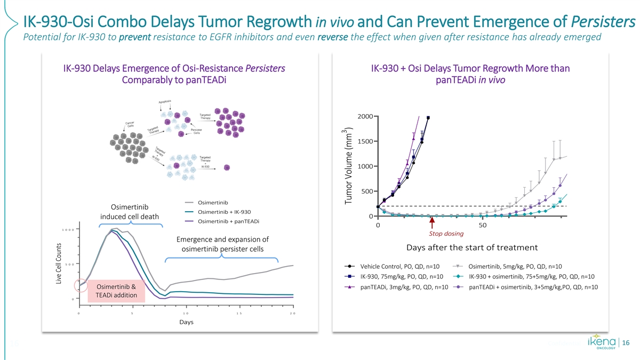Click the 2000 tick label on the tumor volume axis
pyautogui.click(x=365, y=117)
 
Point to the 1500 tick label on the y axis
pyautogui.click(x=365, y=141)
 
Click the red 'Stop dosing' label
pyautogui.click(x=446, y=234)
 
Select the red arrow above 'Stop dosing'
pyautogui.click(x=431, y=220)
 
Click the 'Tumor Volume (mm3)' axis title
pyautogui.click(x=349, y=165)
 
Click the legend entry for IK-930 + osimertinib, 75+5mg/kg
pyautogui.click(x=531, y=276)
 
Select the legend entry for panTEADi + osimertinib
pyautogui.click(x=533, y=287)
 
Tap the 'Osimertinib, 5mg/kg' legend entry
pyautogui.click(x=515, y=267)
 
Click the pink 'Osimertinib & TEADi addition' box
pyautogui.click(x=116, y=291)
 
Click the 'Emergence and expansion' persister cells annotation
pyautogui.click(x=222, y=244)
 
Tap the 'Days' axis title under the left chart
pyautogui.click(x=186, y=322)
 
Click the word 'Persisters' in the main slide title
pyautogui.click(x=603, y=22)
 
